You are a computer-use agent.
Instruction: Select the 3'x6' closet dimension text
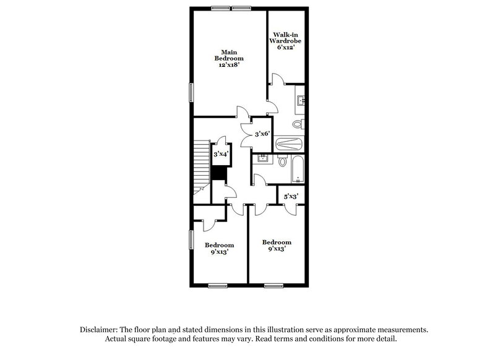(x=262, y=133)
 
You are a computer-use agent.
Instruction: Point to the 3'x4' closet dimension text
(x=221, y=154)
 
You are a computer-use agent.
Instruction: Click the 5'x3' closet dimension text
(x=291, y=196)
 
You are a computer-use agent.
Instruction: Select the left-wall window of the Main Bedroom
(x=191, y=92)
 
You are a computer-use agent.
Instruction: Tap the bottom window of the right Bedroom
(x=274, y=285)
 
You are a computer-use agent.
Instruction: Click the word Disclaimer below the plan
(x=101, y=330)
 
